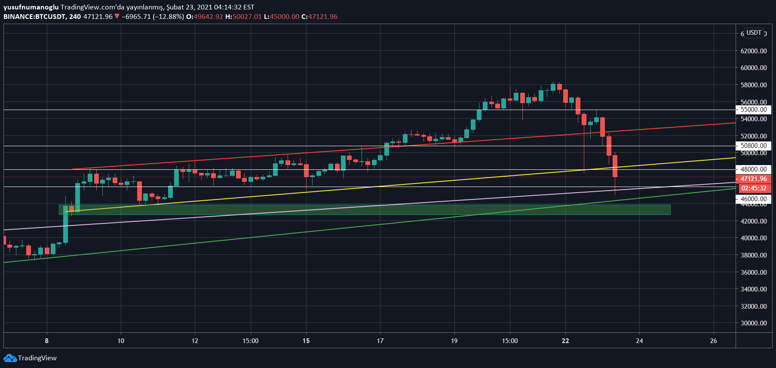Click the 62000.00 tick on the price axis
click(753, 51)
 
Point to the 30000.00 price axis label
click(753, 323)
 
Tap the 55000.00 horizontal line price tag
click(754, 110)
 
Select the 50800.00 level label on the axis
click(754, 146)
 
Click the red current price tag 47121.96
click(754, 179)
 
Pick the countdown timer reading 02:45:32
click(754, 188)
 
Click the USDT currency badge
click(754, 33)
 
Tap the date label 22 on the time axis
click(565, 341)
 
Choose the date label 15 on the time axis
click(306, 341)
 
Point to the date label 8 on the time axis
click(47, 341)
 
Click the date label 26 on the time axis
click(714, 341)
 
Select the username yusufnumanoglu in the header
click(31, 7)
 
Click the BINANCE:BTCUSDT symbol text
click(34, 17)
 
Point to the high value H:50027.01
click(243, 17)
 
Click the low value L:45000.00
click(281, 17)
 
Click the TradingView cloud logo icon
click(10, 358)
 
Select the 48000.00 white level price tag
click(754, 169)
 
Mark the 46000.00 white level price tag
click(754, 199)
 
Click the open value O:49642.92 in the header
click(205, 17)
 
